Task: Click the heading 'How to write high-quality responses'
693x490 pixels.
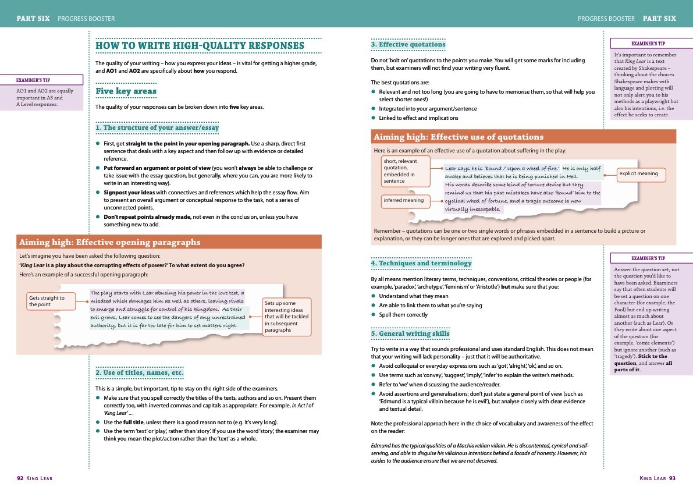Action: point(200,45)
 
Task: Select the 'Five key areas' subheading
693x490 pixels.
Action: point(126,91)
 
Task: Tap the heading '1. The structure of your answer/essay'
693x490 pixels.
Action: point(157,127)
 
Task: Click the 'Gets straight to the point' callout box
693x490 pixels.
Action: point(51,301)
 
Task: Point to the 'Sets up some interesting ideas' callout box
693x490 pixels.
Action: point(287,317)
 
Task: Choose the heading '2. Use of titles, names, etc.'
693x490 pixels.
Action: point(140,372)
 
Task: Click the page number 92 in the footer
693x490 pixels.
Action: point(20,478)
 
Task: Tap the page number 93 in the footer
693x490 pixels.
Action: point(671,478)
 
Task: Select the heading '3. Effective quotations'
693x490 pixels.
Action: point(408,44)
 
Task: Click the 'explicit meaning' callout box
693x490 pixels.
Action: point(638,173)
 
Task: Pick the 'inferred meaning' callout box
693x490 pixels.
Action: point(403,201)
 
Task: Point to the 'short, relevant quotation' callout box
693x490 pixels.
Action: point(405,170)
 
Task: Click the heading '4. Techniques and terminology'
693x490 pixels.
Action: point(421,263)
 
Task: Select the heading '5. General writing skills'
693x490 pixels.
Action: point(410,333)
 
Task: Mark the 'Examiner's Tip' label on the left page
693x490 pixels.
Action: point(41,80)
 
